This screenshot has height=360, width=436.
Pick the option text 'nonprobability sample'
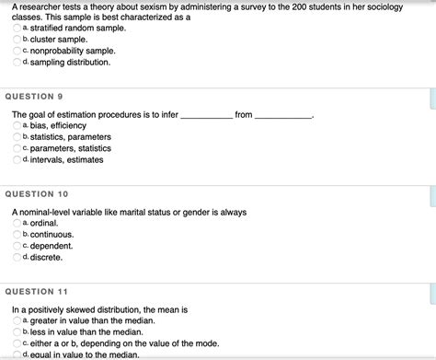73,52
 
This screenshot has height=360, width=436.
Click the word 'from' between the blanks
243,114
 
